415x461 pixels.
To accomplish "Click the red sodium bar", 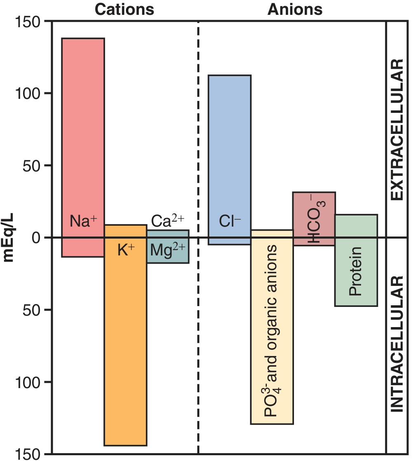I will tap(83, 124).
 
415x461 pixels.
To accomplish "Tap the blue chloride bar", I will tap(230, 144).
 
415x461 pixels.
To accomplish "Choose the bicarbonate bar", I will tap(314, 206).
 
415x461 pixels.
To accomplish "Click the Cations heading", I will tap(124, 9).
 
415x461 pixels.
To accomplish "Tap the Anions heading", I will tap(295, 9).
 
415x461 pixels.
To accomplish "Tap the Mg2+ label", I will tap(168, 250).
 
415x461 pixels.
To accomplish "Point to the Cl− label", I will tap(230, 222).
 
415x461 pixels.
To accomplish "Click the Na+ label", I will tap(83, 221).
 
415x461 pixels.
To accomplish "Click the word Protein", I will tap(355, 271).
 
